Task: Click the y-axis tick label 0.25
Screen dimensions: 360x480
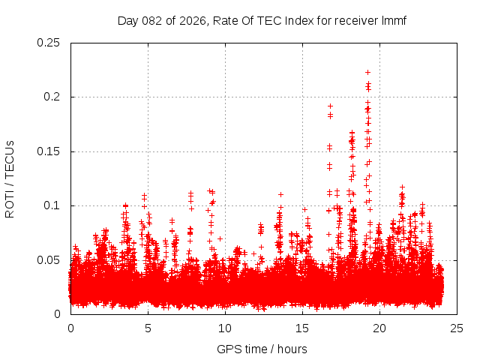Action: pyautogui.click(x=49, y=43)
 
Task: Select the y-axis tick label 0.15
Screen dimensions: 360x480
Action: pyautogui.click(x=49, y=151)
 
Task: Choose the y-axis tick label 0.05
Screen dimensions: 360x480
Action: pyautogui.click(x=49, y=260)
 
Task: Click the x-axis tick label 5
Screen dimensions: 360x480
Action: pyautogui.click(x=148, y=328)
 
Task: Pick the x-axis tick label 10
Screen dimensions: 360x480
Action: pyautogui.click(x=225, y=328)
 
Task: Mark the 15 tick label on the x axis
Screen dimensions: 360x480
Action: pyautogui.click(x=302, y=328)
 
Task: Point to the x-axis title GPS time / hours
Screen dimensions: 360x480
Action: pyautogui.click(x=262, y=349)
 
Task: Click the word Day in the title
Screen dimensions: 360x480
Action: pyautogui.click(x=128, y=21)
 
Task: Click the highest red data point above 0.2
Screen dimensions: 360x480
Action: pyautogui.click(x=367, y=73)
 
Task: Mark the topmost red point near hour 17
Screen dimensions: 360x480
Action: pyautogui.click(x=330, y=106)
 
